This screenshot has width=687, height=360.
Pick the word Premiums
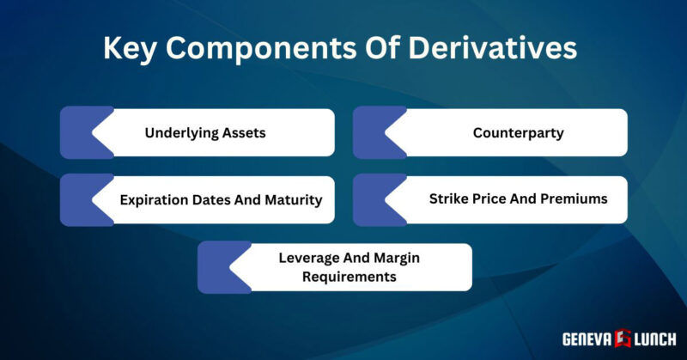[x=572, y=198]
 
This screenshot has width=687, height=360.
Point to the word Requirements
[x=337, y=277]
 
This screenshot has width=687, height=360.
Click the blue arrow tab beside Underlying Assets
[x=83, y=132]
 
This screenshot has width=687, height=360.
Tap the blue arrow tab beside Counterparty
[x=376, y=132]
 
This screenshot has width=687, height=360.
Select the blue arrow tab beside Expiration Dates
[x=83, y=200]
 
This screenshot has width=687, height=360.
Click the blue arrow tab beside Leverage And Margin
[x=221, y=267]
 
